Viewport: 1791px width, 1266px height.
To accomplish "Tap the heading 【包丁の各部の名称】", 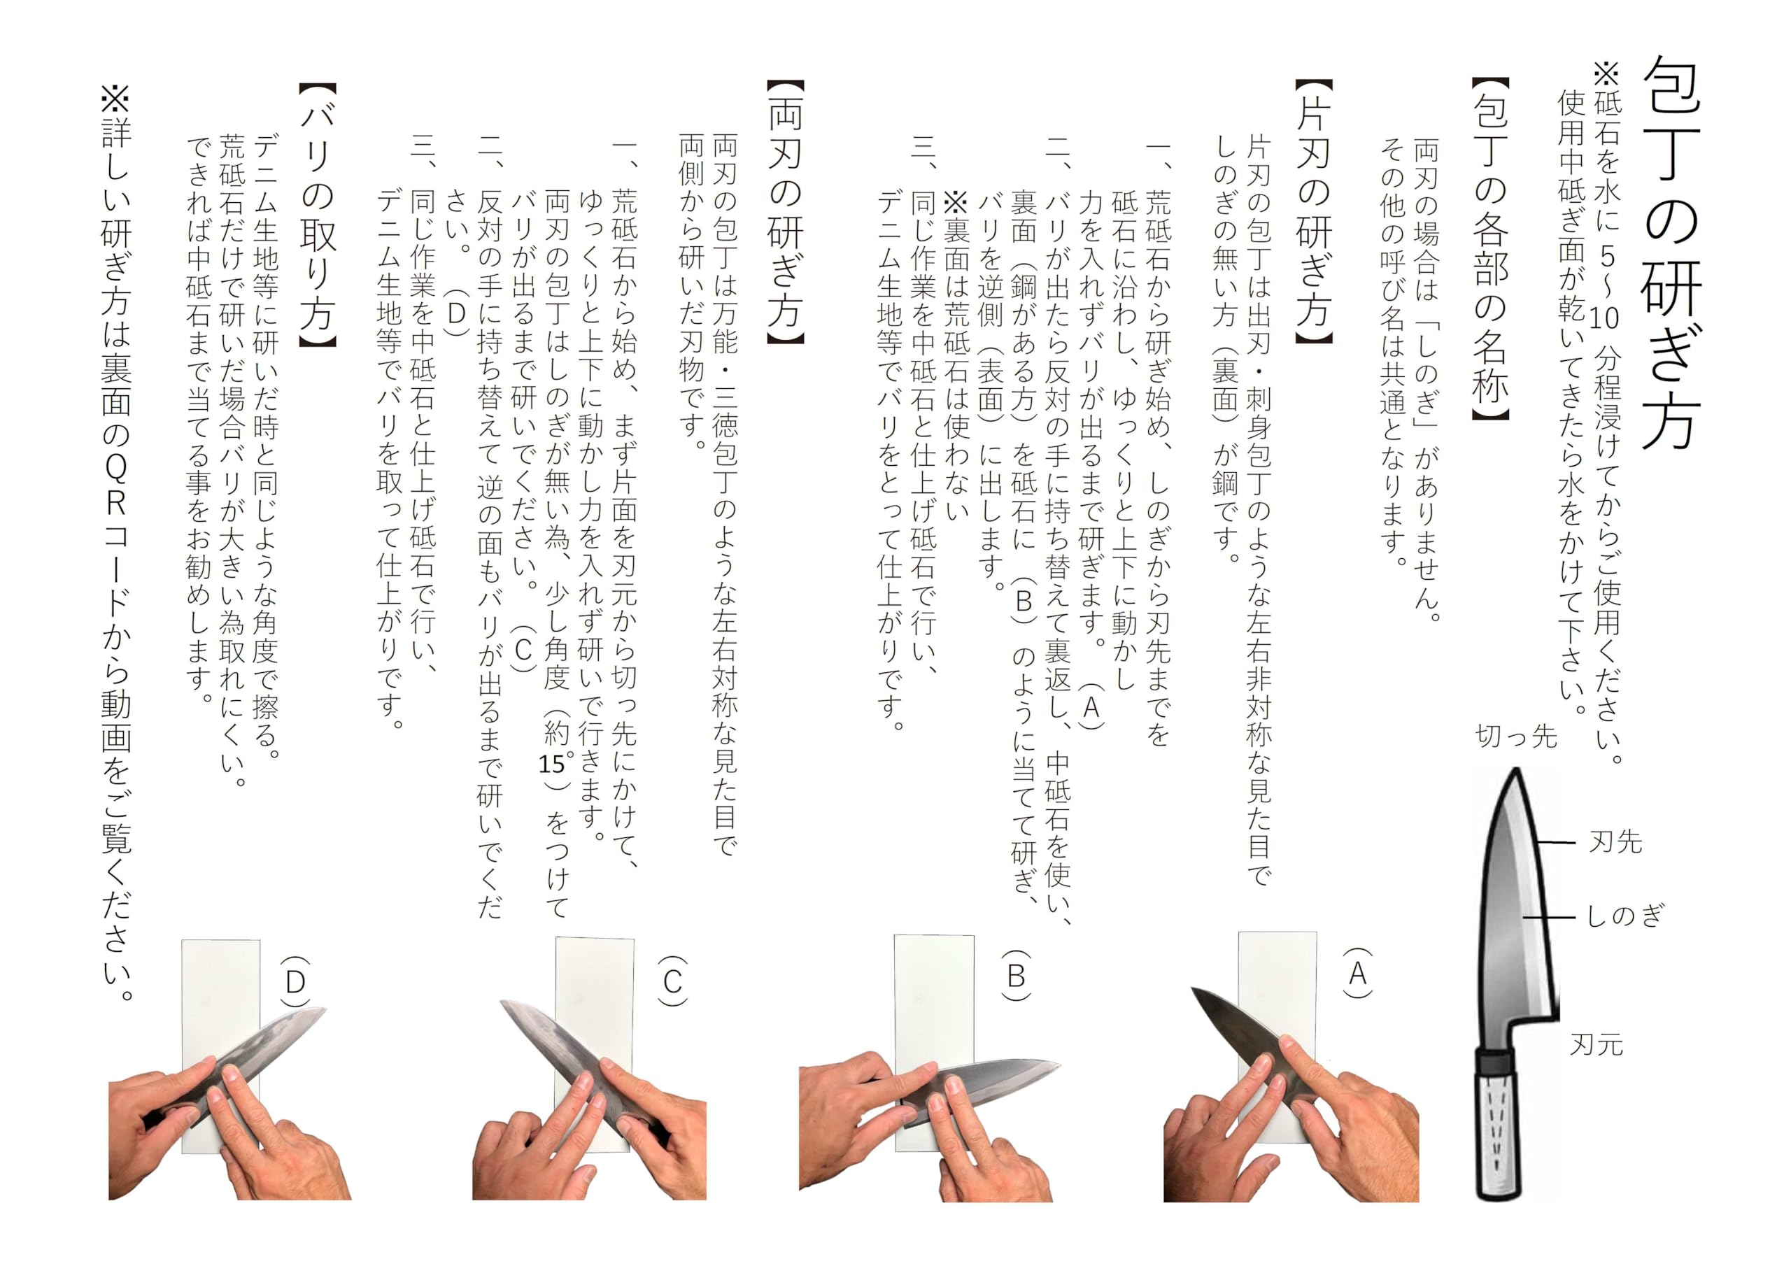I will click(1490, 250).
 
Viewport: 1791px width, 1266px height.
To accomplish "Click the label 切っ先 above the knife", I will click(1515, 736).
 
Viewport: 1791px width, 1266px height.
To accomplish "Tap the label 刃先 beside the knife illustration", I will click(1615, 841).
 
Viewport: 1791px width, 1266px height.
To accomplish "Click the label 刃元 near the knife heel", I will click(1596, 1044).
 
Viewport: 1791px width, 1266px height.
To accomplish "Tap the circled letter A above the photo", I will click(1357, 974).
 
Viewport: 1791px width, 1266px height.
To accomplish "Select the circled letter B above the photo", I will click(1016, 976).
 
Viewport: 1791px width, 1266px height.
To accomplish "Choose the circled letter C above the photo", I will click(672, 981).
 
